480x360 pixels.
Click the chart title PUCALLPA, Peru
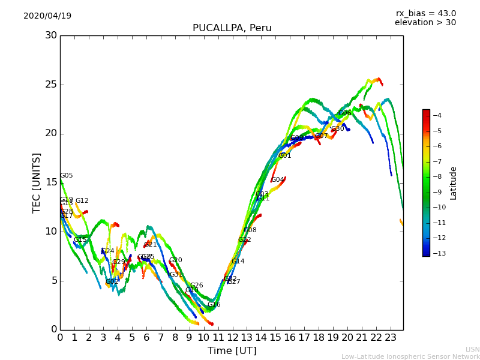232,28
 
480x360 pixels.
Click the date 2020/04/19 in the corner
47,16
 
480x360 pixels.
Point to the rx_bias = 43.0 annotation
425,14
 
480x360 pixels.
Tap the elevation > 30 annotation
425,23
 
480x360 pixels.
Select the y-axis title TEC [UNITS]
37,182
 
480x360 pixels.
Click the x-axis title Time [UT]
232,350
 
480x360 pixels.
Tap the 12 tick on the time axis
233,338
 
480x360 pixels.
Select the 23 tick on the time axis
391,338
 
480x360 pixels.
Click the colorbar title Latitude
454,183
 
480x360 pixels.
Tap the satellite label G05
66,176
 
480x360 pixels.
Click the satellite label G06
344,113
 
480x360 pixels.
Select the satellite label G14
238,262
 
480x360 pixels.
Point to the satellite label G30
338,129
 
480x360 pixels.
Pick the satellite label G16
214,305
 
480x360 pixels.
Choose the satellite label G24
107,251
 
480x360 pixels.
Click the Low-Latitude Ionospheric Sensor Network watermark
410,357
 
